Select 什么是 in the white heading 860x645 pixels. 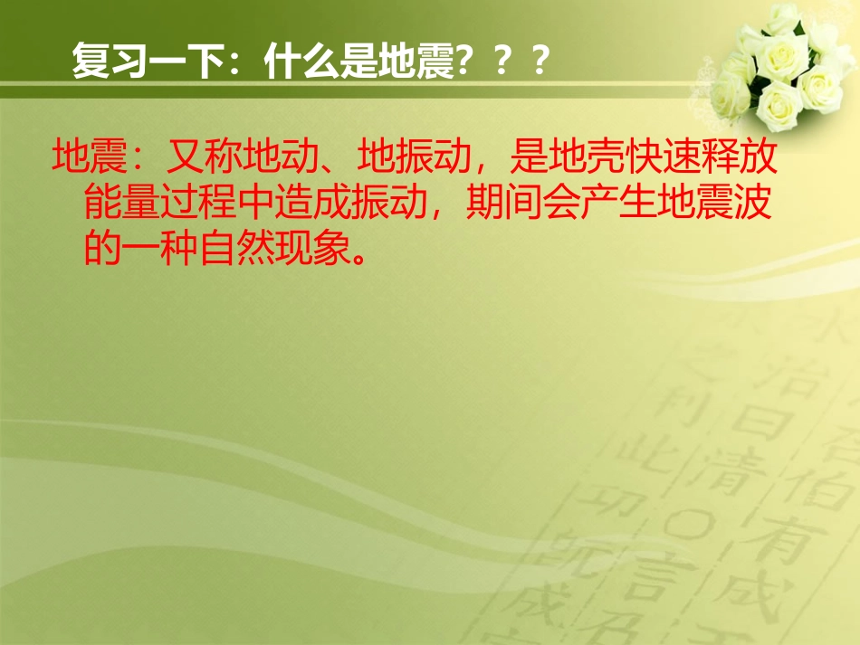click(320, 64)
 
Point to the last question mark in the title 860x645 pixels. click(541, 64)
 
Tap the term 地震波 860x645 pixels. click(713, 204)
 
